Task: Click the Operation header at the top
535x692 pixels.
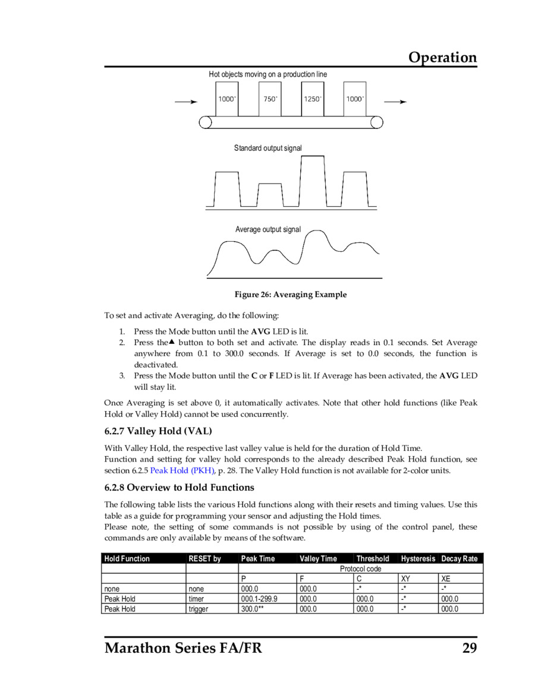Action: pyautogui.click(x=442, y=58)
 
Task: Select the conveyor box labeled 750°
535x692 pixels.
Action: pyautogui.click(x=270, y=99)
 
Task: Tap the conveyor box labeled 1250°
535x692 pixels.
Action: pyautogui.click(x=313, y=99)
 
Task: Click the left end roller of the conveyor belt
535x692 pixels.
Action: pyautogui.click(x=205, y=122)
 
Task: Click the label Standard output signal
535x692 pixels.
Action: pyautogui.click(x=267, y=148)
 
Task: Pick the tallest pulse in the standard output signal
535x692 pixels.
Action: pyautogui.click(x=313, y=178)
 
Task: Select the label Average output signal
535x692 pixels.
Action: pyautogui.click(x=267, y=229)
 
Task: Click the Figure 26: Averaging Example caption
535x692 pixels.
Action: pyautogui.click(x=290, y=295)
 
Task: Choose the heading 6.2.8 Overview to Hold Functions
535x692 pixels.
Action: pyautogui.click(x=179, y=488)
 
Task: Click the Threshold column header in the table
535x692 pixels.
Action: pyautogui.click(x=373, y=559)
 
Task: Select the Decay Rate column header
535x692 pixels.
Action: pyautogui.click(x=459, y=559)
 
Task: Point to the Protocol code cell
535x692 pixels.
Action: pyautogui.click(x=360, y=569)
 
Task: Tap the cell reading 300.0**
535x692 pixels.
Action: pyautogui.click(x=252, y=609)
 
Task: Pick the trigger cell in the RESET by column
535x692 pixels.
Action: pyautogui.click(x=198, y=609)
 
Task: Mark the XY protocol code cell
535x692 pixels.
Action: pyautogui.click(x=406, y=579)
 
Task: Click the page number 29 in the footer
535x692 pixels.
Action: pyautogui.click(x=470, y=647)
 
